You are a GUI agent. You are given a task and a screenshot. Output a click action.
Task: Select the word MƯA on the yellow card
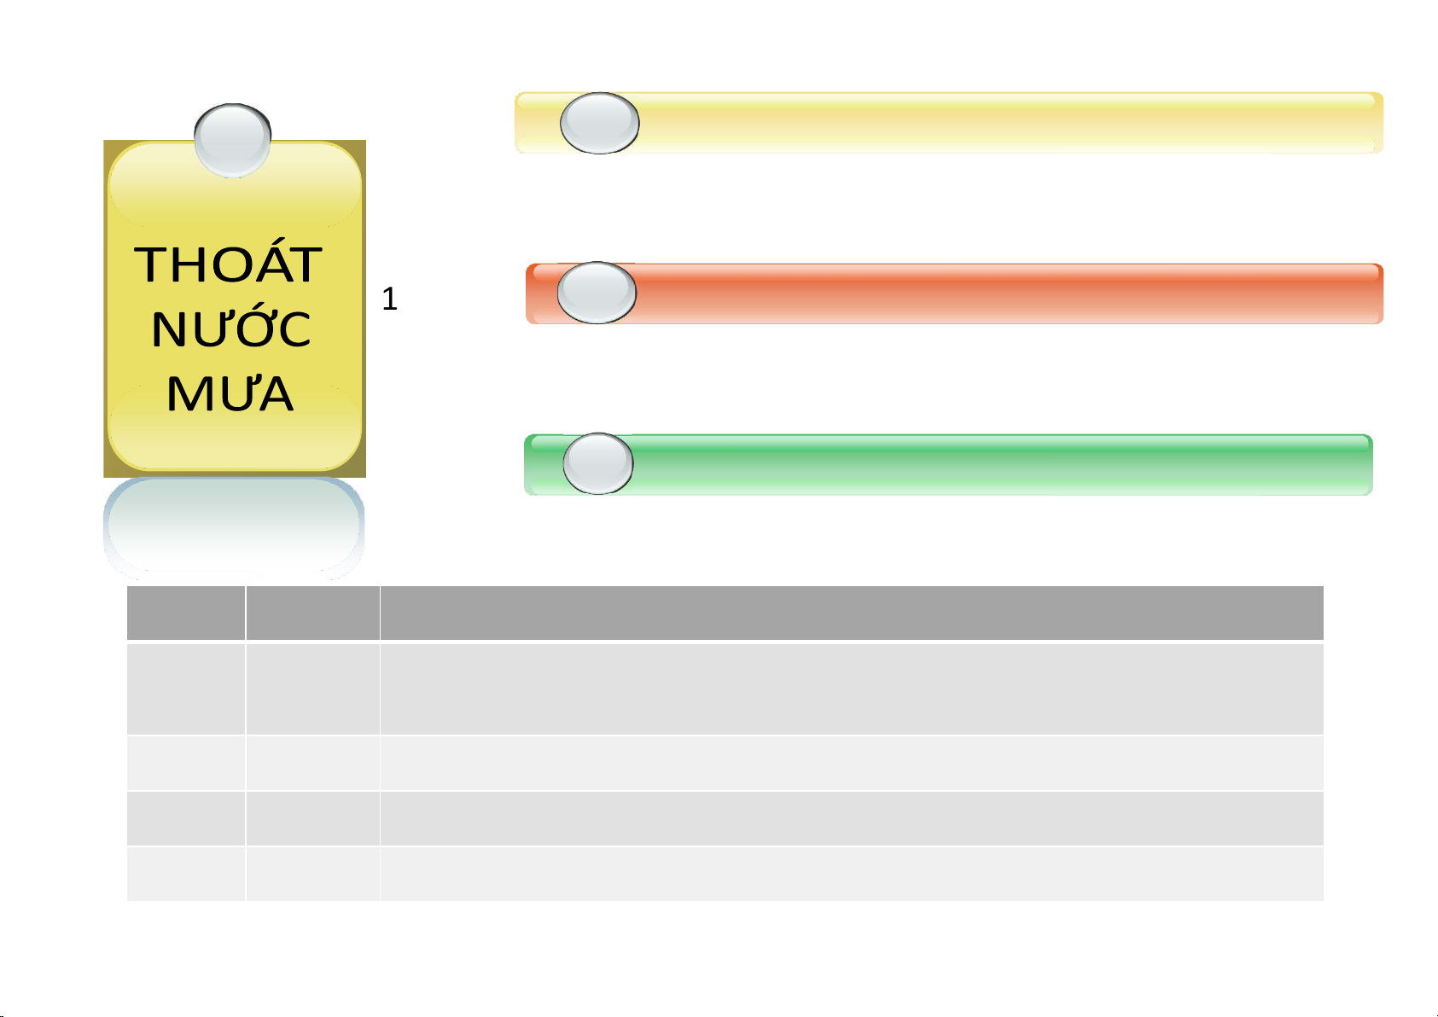click(230, 392)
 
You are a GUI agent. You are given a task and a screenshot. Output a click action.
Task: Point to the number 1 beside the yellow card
click(389, 299)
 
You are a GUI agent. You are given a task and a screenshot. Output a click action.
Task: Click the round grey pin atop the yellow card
click(232, 140)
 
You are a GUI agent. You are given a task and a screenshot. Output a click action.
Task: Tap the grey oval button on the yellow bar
click(600, 123)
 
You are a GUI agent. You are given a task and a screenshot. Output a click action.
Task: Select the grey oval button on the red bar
click(597, 293)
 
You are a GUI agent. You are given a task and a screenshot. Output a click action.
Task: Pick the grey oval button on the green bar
click(597, 463)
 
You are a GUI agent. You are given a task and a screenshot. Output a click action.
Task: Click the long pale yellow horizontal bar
click(949, 123)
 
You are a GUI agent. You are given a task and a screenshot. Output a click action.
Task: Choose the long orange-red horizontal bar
click(955, 293)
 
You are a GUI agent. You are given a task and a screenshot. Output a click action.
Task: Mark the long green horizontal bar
click(949, 464)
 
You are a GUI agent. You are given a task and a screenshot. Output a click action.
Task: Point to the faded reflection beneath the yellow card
click(234, 528)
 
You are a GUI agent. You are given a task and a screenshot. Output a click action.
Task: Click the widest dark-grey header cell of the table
click(852, 613)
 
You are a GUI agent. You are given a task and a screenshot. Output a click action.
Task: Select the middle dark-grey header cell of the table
click(312, 613)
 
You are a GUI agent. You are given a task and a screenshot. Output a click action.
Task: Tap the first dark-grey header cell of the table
click(186, 613)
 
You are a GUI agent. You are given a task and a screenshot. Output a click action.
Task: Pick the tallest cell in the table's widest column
click(852, 689)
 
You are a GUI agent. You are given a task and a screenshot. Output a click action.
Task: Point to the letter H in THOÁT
click(183, 264)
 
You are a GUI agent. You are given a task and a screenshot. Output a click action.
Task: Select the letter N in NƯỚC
click(170, 329)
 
